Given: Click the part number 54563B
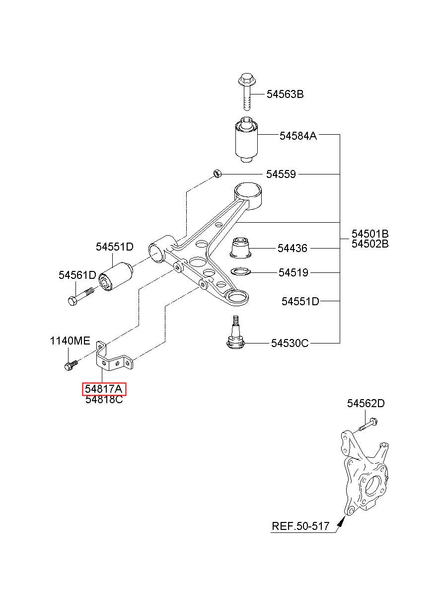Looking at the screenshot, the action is [x=285, y=94].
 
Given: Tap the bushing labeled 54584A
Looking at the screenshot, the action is [x=246, y=140].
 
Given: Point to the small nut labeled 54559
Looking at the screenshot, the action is [x=217, y=173].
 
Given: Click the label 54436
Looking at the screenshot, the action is [x=293, y=248].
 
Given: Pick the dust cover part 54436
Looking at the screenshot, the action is [x=241, y=248].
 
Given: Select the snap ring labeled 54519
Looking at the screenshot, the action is [x=240, y=271].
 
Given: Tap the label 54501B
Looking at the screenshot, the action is [x=370, y=234].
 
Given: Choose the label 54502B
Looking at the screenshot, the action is [x=370, y=244].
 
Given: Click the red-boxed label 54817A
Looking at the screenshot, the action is [x=104, y=389].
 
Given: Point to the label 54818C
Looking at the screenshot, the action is [x=104, y=400].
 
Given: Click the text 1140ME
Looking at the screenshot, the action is [x=70, y=341].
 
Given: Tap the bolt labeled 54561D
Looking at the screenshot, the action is [x=80, y=296].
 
